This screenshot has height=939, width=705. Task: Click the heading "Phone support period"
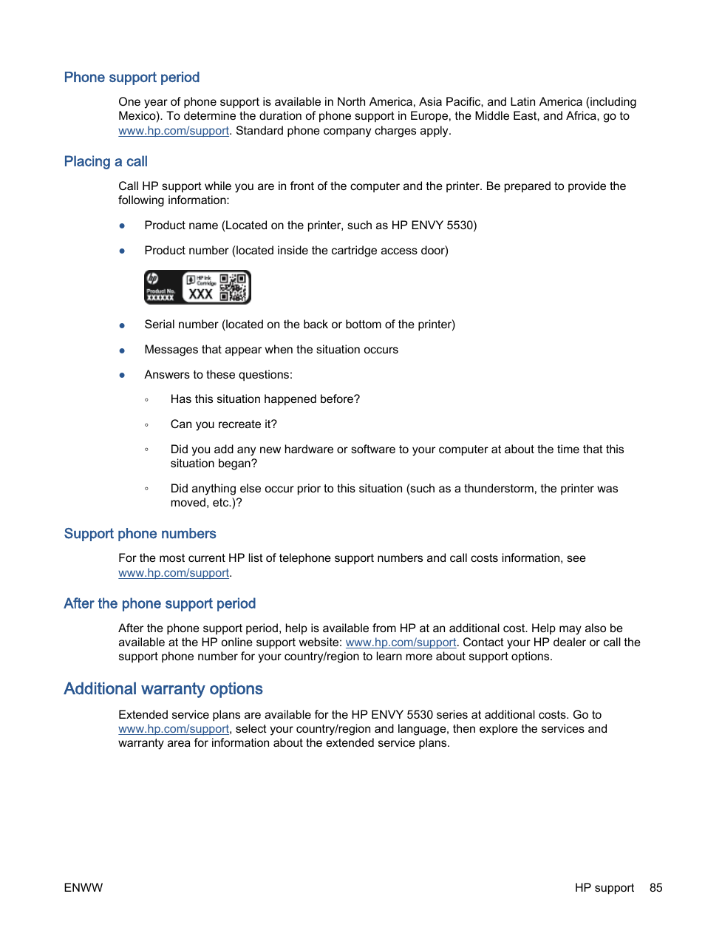(x=132, y=78)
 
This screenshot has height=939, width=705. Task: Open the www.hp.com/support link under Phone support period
(x=174, y=131)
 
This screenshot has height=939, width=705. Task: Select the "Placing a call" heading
(x=106, y=162)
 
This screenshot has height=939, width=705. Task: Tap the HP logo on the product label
(x=153, y=279)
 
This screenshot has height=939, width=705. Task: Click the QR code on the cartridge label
(x=233, y=287)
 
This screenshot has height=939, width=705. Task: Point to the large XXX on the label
(x=200, y=294)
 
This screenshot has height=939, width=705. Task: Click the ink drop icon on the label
(x=190, y=279)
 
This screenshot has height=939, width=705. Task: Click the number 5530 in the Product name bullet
(x=460, y=226)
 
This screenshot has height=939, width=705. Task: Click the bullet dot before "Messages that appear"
(x=122, y=350)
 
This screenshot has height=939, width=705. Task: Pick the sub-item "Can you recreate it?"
(x=223, y=424)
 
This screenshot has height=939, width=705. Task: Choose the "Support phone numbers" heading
(x=140, y=534)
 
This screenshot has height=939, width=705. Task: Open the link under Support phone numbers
(x=174, y=573)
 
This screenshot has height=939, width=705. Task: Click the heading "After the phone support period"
(x=160, y=604)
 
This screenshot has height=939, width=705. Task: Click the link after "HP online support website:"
(x=401, y=643)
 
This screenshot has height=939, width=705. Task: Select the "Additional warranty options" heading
(x=163, y=689)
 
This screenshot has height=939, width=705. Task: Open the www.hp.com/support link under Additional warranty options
(x=174, y=729)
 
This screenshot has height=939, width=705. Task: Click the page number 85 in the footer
(x=655, y=888)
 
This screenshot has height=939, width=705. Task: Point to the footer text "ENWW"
(x=84, y=888)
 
